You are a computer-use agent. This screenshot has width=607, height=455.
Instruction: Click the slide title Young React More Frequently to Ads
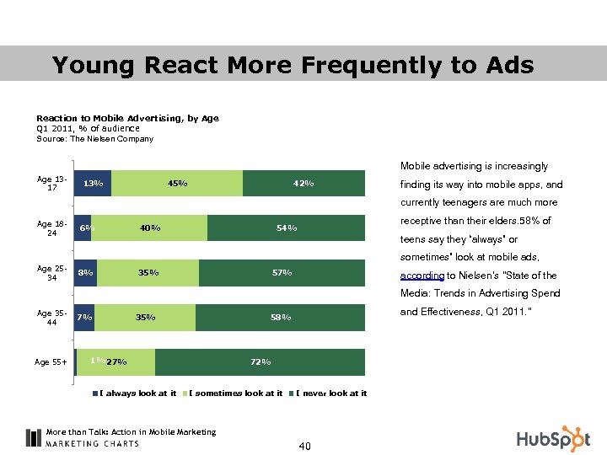[x=293, y=65]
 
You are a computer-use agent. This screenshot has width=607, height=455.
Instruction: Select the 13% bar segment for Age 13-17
[x=93, y=184]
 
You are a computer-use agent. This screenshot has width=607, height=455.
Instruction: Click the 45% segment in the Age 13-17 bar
[x=177, y=184]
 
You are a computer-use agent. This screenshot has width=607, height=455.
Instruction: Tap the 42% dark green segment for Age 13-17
[x=303, y=184]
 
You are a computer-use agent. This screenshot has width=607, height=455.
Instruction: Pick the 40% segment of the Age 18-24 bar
[x=150, y=227]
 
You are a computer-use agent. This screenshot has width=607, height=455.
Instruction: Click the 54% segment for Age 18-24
[x=287, y=227]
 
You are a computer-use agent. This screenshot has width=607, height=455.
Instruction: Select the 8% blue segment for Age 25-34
[x=85, y=273]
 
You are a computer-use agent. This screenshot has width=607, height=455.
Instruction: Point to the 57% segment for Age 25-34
[x=282, y=273]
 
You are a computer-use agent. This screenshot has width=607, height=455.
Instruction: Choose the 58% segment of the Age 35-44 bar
[x=280, y=318]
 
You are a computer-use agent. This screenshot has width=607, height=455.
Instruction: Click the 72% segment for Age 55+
[x=261, y=362]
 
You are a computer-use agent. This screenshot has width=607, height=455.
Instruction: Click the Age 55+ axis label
[x=51, y=362]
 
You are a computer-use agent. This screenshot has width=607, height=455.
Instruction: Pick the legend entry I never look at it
[x=329, y=393]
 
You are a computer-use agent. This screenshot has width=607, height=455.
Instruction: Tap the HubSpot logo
[x=555, y=437]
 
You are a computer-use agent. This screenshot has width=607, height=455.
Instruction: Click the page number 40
[x=303, y=446]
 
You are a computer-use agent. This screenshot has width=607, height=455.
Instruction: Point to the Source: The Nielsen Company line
[x=94, y=138]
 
